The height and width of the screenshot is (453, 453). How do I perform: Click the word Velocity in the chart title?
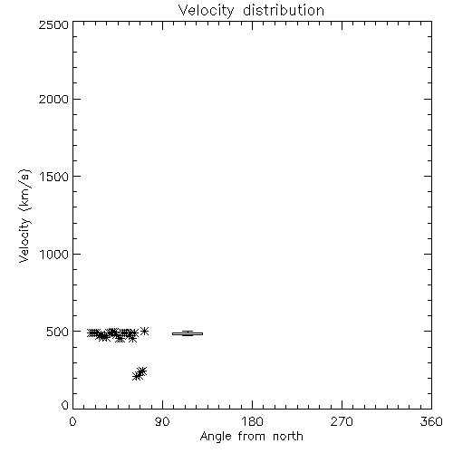click(x=206, y=11)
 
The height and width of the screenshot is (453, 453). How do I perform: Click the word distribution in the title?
click(x=284, y=10)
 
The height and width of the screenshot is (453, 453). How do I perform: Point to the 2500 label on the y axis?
click(x=53, y=24)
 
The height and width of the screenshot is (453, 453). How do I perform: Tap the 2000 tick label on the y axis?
click(x=53, y=99)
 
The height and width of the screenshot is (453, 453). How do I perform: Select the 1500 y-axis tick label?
click(x=54, y=177)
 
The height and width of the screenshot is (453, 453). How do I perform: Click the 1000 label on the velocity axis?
click(x=54, y=255)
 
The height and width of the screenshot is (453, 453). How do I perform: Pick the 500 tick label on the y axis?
click(x=58, y=332)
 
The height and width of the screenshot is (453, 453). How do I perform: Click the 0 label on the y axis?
click(x=65, y=405)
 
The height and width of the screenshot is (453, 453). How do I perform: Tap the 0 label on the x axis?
click(x=72, y=421)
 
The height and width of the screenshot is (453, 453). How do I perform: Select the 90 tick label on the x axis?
click(x=162, y=421)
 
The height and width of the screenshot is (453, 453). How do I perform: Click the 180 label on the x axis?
click(x=252, y=421)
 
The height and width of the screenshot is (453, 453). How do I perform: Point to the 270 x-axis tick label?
click(x=342, y=421)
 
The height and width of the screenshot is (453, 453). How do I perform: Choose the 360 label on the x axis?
click(x=431, y=421)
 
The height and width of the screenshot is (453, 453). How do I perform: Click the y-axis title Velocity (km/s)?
click(x=24, y=216)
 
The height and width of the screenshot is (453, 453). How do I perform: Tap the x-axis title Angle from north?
click(x=251, y=437)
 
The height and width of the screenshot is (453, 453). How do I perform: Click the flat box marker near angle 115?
click(x=188, y=333)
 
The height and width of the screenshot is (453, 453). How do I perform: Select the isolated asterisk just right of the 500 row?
click(x=145, y=331)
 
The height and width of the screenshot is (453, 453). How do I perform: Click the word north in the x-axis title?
click(x=288, y=436)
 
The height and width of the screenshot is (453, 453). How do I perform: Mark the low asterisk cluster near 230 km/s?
click(x=140, y=374)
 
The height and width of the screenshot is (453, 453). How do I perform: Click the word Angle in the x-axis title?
click(x=216, y=437)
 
